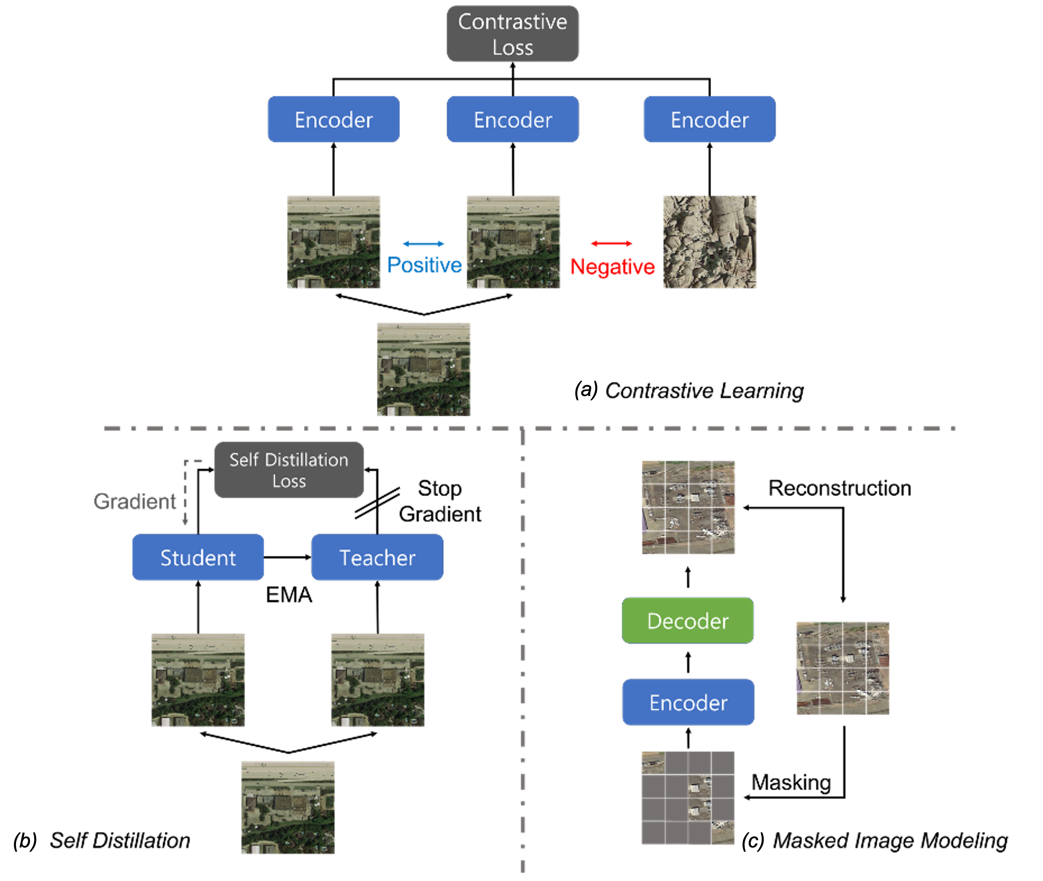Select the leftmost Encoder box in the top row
point(333,119)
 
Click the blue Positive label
point(424,265)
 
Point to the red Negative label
point(612,267)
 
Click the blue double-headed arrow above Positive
point(424,244)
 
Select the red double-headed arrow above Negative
point(611,244)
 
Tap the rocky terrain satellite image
point(710,242)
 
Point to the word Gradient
point(135,501)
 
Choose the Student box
point(198,557)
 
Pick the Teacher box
point(377,557)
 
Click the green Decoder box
point(688,621)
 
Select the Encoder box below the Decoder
point(688,702)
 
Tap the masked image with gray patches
point(688,798)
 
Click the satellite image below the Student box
point(198,680)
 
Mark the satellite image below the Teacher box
point(377,680)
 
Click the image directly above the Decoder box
point(688,507)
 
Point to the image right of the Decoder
point(842,668)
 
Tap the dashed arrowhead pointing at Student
point(185,522)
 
